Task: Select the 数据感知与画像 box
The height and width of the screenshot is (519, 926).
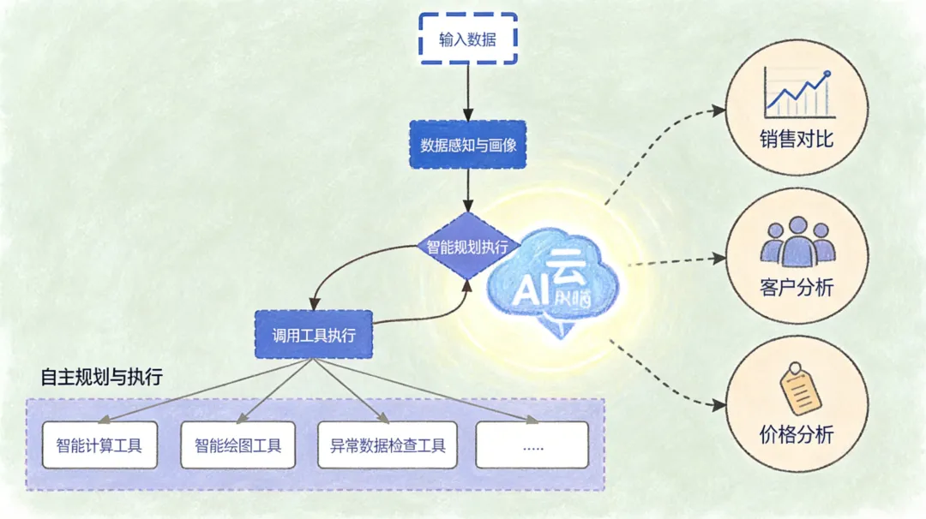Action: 467,145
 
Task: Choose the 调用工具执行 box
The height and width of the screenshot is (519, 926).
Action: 315,334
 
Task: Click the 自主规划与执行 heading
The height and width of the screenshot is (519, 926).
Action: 101,377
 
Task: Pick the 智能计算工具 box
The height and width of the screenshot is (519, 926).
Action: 99,445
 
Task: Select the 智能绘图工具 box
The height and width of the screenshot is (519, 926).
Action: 238,445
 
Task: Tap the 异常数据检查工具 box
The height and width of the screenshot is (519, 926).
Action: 388,445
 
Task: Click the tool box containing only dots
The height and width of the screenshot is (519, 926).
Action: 532,445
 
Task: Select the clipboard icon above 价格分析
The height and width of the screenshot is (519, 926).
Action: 800,389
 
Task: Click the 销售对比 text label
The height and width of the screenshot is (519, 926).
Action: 797,139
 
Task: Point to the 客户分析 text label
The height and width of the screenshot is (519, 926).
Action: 797,287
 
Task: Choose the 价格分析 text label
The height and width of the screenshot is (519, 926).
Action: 797,434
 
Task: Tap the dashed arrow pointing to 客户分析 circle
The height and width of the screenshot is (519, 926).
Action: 677,260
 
